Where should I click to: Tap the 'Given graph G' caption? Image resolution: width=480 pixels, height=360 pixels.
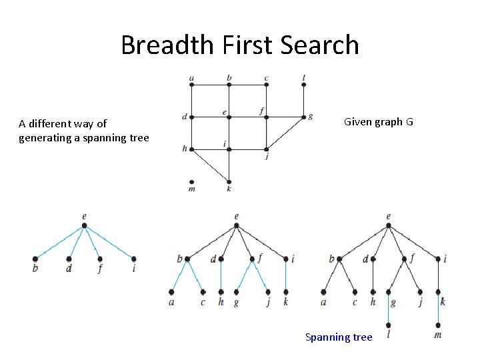click(378, 122)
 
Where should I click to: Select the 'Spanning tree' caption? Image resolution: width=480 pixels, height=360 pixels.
click(339, 337)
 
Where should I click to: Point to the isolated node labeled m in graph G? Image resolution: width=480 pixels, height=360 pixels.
click(192, 181)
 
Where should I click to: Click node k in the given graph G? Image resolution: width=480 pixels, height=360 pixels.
click(229, 181)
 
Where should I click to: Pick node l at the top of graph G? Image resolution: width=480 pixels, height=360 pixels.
click(303, 85)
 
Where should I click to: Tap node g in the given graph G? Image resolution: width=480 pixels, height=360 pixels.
click(303, 117)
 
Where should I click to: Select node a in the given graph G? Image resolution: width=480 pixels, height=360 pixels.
click(192, 85)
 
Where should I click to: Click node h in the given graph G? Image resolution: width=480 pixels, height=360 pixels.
click(192, 149)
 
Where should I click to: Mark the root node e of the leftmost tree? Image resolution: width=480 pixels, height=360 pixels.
click(84, 225)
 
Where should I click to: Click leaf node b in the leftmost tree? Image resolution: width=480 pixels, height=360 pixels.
click(35, 259)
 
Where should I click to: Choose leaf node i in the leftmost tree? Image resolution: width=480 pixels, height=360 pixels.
click(134, 259)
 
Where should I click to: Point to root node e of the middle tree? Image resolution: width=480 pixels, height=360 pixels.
click(237, 225)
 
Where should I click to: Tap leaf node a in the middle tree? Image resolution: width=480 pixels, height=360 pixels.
click(172, 291)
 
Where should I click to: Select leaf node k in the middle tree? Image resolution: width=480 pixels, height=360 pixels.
click(285, 291)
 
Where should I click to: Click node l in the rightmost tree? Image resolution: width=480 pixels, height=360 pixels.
click(389, 326)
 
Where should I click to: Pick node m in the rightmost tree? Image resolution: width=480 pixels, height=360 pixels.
click(438, 325)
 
